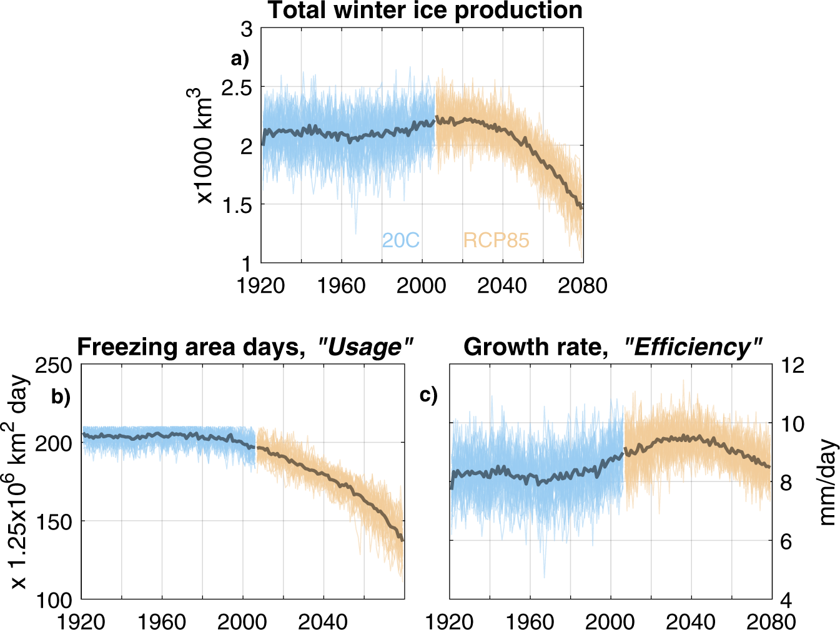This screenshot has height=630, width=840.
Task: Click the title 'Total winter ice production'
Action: point(425,11)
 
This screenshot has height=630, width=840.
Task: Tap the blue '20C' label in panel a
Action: point(400,240)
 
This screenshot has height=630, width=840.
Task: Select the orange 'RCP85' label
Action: point(496,240)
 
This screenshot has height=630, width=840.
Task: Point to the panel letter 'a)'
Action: point(240,59)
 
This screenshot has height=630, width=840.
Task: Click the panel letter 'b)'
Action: point(61,397)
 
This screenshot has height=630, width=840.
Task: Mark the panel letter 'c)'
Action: point(428,395)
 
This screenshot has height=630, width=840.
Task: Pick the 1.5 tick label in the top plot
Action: point(237,205)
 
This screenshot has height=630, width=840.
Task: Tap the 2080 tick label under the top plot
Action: point(582,286)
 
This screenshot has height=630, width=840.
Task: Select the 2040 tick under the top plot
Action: point(502,286)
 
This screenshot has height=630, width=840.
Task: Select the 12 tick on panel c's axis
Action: point(793,366)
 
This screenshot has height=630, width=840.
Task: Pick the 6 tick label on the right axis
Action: point(786,542)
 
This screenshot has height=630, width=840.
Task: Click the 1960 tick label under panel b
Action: point(162,622)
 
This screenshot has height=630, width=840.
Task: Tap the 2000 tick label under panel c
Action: point(610,622)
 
